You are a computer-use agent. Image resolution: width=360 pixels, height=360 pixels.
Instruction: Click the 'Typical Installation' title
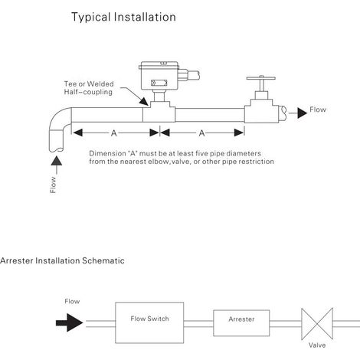click(123, 17)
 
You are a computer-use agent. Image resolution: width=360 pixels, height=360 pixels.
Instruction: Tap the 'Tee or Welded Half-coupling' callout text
click(89, 88)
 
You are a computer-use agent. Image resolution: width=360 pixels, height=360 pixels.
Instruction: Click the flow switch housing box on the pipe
click(160, 76)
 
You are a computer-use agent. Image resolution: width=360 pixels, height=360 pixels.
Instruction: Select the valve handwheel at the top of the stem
click(261, 78)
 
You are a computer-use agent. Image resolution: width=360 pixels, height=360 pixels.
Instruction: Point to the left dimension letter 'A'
click(114, 133)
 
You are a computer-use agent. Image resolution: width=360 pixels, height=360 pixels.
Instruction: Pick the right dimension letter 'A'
click(201, 133)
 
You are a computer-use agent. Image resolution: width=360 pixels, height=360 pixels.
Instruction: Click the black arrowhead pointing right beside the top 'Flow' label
click(302, 113)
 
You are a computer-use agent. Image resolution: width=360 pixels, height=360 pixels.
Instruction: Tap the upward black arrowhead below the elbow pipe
click(57, 161)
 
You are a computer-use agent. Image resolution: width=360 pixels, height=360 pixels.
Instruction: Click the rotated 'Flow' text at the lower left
click(53, 185)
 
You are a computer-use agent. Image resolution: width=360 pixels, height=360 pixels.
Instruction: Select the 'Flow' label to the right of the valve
click(318, 110)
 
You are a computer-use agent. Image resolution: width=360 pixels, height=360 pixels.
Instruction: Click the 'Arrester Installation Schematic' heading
click(62, 260)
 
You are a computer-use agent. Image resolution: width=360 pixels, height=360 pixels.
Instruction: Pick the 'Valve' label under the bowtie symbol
click(317, 345)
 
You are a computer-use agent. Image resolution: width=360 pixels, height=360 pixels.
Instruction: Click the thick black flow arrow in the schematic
click(70, 322)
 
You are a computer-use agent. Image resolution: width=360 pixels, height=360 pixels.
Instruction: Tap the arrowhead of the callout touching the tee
click(144, 101)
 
